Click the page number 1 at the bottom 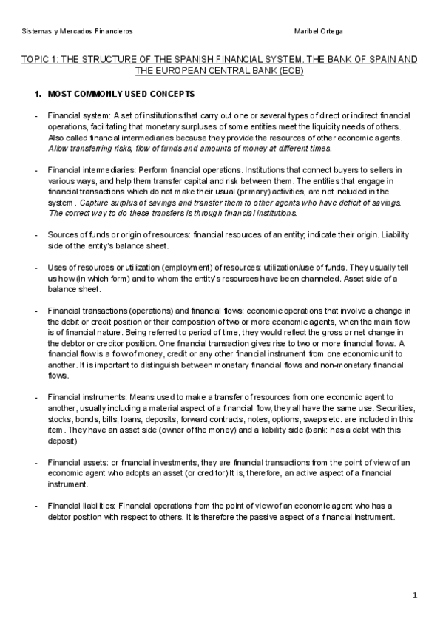coord(416,594)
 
